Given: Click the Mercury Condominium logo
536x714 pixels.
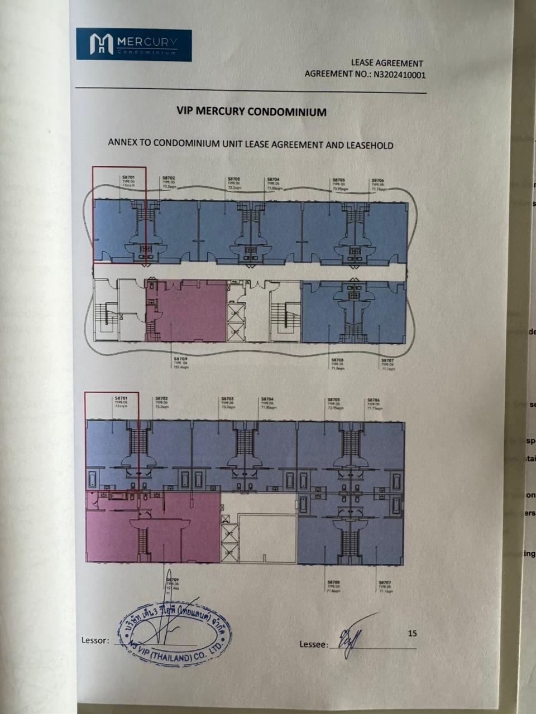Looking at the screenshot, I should [x=133, y=45].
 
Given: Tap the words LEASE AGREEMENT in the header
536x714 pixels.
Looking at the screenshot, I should [x=386, y=64].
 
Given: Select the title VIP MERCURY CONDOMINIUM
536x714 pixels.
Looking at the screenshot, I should [x=251, y=112].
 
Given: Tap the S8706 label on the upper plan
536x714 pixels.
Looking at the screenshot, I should [x=377, y=181].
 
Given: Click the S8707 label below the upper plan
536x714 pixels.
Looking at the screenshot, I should [x=387, y=361].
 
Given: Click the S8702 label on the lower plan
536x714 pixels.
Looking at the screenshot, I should [x=161, y=399].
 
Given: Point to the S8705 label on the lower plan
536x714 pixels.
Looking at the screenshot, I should [x=333, y=399].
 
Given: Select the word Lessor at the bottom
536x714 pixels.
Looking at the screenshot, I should [x=94, y=640].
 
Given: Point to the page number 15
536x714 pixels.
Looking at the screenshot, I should [x=412, y=633].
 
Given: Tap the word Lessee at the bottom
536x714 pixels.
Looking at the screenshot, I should [x=312, y=645].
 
